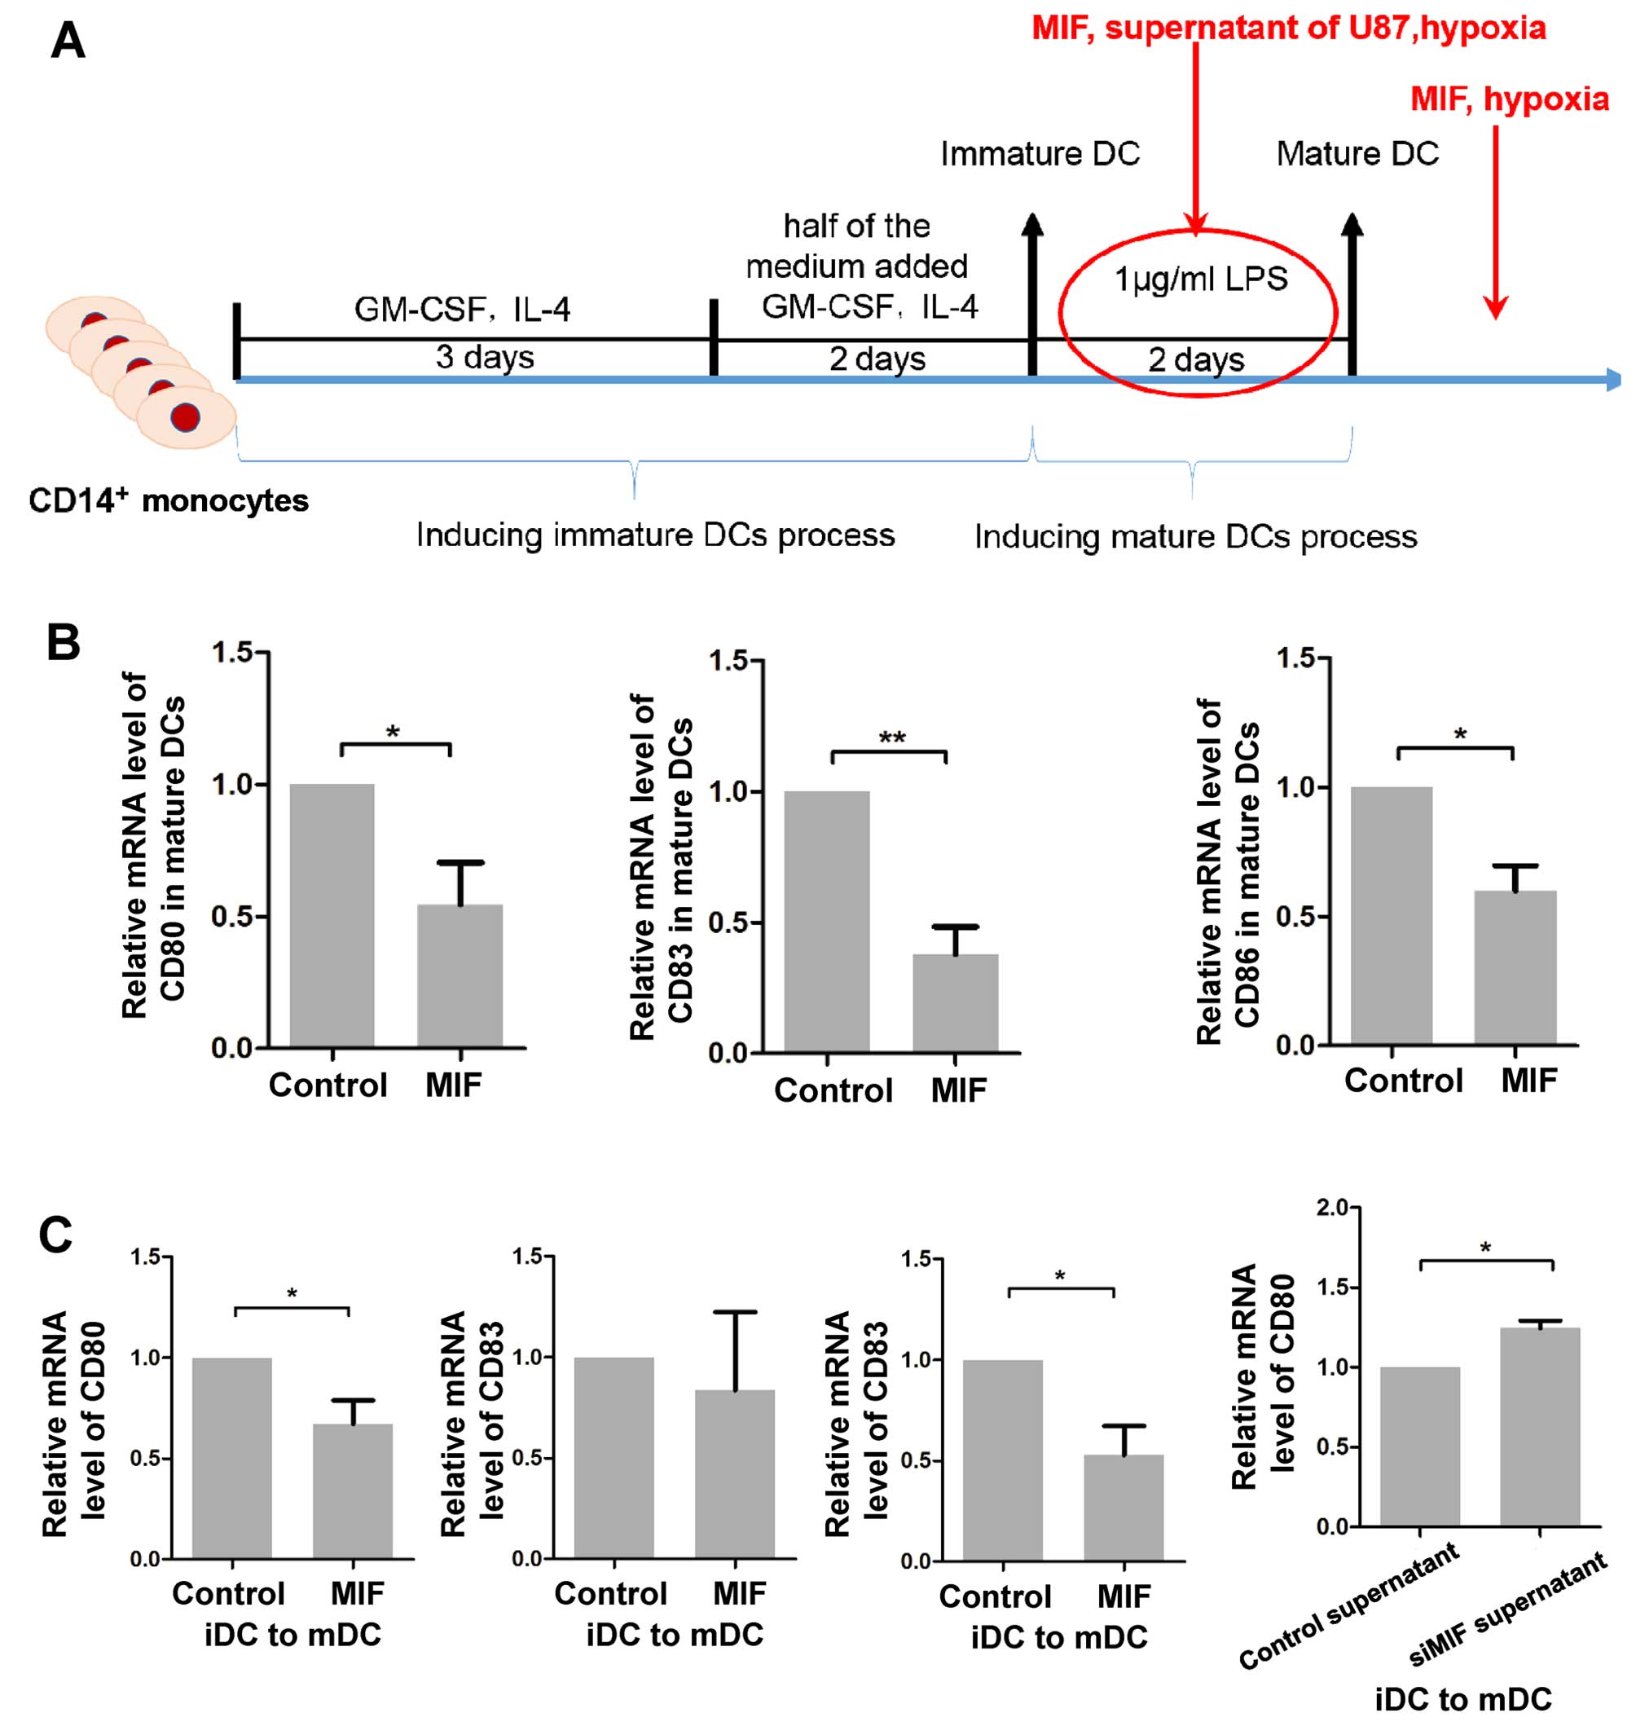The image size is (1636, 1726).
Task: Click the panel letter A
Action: pos(68,40)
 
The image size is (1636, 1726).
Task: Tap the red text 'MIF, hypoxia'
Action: pos(1510,99)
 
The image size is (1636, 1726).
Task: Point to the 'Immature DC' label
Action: pos(1040,154)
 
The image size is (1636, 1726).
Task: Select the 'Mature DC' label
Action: pos(1357,154)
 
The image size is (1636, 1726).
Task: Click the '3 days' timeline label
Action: pos(485,358)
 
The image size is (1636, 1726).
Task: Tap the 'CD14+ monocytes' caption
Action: pos(169,501)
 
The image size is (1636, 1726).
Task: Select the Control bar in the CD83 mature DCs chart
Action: pos(826,921)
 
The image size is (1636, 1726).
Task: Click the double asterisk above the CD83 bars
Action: pos(891,738)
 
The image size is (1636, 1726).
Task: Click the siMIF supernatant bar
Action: pos(1539,1427)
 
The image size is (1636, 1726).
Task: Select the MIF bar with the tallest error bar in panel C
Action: pos(734,1474)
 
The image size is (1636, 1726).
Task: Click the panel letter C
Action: pos(56,1236)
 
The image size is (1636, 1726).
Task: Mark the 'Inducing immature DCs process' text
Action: pos(655,535)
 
